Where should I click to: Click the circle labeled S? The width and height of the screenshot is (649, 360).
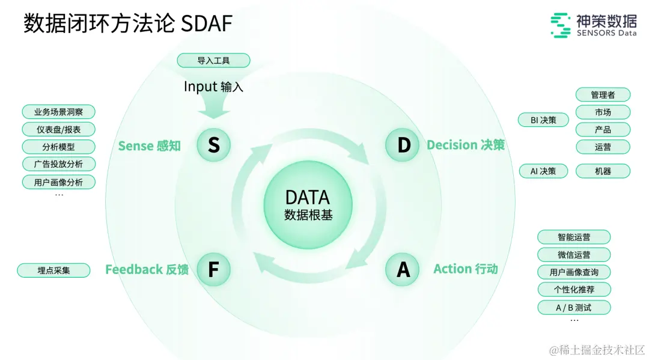click(213, 145)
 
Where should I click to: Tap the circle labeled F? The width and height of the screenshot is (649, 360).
click(213, 269)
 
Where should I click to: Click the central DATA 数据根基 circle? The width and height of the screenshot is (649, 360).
click(308, 205)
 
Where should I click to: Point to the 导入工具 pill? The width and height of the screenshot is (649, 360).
click(213, 61)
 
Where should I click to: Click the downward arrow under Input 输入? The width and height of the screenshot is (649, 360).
click(213, 109)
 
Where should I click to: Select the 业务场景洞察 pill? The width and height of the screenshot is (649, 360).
click(58, 112)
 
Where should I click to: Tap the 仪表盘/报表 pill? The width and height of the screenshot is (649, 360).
click(58, 129)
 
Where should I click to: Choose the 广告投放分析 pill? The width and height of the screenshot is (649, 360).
click(58, 164)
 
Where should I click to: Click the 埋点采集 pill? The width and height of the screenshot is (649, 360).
click(53, 270)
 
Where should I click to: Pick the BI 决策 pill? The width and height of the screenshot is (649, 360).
click(543, 120)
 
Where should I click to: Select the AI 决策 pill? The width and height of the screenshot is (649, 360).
click(543, 171)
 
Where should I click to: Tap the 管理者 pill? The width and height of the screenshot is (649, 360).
click(603, 95)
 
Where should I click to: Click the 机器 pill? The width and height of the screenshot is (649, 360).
click(603, 171)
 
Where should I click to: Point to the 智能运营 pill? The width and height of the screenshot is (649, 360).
click(574, 237)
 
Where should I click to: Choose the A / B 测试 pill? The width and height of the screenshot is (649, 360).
click(574, 308)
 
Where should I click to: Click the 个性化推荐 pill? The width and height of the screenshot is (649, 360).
click(574, 290)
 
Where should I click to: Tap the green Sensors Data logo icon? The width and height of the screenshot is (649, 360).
click(560, 26)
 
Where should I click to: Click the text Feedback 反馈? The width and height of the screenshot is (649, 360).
click(147, 269)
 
